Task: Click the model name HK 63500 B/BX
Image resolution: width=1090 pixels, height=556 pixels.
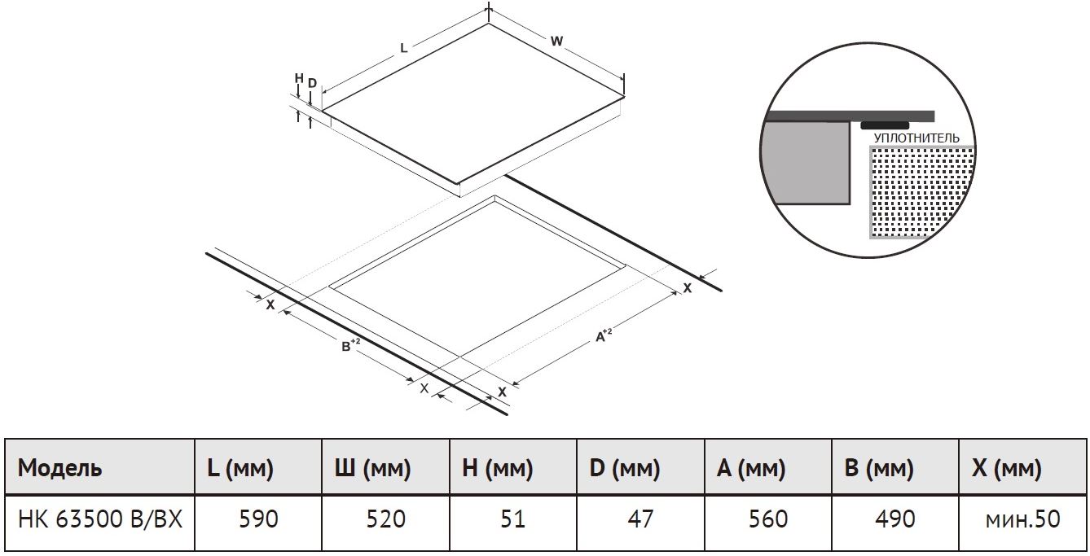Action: click(x=99, y=519)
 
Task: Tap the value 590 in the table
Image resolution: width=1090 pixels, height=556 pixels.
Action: click(x=258, y=519)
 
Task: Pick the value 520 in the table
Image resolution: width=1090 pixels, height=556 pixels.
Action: click(x=386, y=519)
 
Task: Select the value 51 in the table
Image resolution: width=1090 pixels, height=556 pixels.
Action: click(x=513, y=519)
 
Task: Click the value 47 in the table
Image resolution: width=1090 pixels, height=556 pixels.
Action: click(x=640, y=519)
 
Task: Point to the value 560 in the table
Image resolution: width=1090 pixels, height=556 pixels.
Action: click(x=768, y=519)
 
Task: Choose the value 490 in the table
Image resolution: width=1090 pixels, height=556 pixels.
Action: click(x=895, y=519)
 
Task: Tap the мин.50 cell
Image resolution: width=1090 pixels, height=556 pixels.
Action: click(x=1023, y=519)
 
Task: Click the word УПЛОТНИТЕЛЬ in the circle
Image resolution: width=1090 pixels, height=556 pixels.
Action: click(x=916, y=138)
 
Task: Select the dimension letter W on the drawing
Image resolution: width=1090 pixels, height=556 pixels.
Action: click(x=556, y=41)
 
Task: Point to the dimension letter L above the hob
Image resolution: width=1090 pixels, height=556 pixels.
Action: click(x=403, y=48)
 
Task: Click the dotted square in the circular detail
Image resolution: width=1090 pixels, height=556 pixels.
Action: click(x=921, y=193)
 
